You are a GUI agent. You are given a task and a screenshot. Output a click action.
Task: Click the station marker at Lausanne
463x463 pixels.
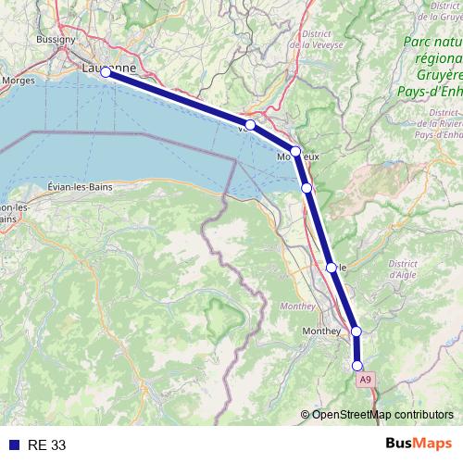pyautogui.click(x=106, y=71)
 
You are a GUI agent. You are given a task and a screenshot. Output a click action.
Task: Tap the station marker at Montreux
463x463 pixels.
pyautogui.click(x=295, y=151)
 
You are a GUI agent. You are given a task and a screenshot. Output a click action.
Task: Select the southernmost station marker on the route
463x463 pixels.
pyautogui.click(x=357, y=365)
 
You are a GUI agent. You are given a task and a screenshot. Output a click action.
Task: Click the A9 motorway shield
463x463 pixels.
pyautogui.click(x=366, y=380)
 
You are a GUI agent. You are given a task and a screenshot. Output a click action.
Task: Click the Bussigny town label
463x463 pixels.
pyautogui.click(x=55, y=42)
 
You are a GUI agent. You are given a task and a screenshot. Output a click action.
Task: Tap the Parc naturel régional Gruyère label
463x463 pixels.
pyautogui.click(x=432, y=56)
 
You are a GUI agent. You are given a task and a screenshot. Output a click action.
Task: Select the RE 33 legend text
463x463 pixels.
pyautogui.click(x=46, y=444)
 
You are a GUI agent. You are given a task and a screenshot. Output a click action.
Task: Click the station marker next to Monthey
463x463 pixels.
pyautogui.click(x=356, y=331)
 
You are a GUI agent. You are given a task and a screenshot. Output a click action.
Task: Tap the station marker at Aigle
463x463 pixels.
pyautogui.click(x=331, y=267)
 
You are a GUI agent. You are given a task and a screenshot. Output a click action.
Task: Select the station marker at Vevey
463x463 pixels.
pyautogui.click(x=250, y=124)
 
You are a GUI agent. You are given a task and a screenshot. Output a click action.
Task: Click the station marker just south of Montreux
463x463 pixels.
pyautogui.click(x=307, y=187)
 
